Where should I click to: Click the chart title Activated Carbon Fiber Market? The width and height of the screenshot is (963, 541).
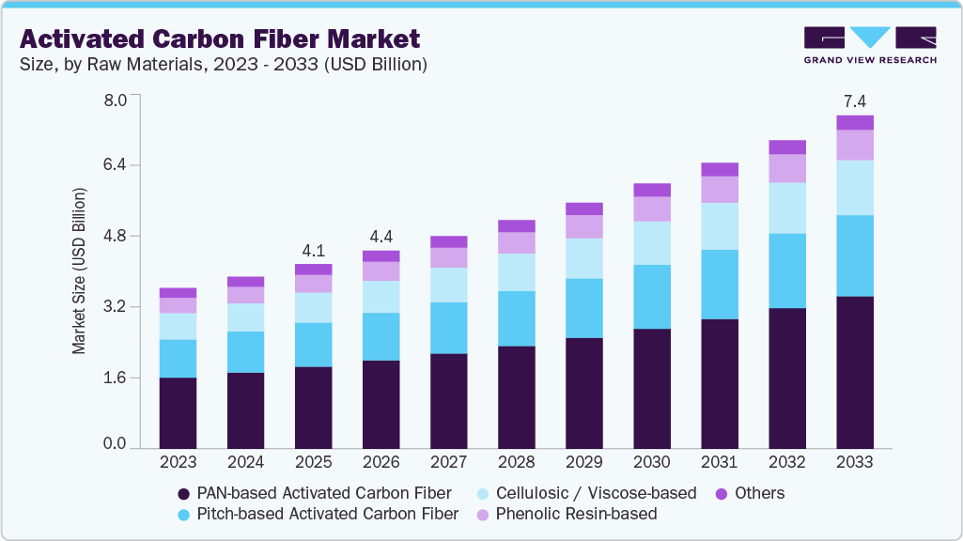click(220, 39)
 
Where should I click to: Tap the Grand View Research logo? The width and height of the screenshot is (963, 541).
click(870, 45)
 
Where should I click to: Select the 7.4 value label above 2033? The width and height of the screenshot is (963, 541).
click(854, 101)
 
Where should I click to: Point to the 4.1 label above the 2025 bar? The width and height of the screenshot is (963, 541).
click(313, 251)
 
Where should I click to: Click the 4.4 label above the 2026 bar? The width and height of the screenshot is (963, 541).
click(381, 237)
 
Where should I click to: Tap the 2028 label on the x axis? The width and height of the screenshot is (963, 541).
click(516, 462)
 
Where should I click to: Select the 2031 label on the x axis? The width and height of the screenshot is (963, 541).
click(719, 462)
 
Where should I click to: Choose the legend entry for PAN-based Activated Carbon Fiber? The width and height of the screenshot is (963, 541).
click(314, 493)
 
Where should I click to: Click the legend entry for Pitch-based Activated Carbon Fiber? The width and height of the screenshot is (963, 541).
click(318, 514)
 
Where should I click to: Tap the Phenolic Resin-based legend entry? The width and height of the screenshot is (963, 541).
click(566, 514)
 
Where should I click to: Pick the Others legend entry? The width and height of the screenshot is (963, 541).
click(750, 493)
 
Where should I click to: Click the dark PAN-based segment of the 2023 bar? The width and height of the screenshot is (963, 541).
click(178, 413)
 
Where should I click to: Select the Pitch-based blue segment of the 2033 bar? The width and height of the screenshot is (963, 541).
click(854, 255)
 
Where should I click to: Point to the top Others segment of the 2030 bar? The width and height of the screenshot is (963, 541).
click(651, 190)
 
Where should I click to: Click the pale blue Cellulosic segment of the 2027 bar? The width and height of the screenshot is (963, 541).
click(448, 285)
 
